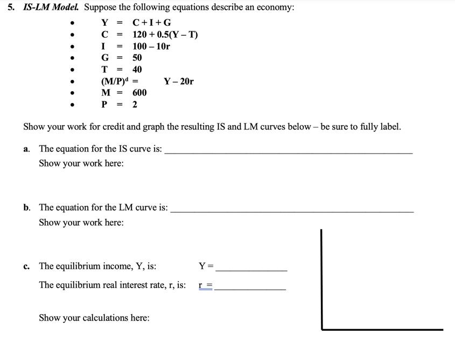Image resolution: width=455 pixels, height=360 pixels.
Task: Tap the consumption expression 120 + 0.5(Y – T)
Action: coord(165,35)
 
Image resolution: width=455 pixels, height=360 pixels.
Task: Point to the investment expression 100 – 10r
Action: coord(151,46)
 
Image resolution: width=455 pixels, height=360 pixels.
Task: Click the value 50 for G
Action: coord(137,58)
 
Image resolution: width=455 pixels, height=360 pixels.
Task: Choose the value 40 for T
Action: coord(137,70)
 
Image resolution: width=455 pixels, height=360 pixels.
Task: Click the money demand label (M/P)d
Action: coord(116,81)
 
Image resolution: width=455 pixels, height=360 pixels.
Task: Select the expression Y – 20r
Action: coord(179,81)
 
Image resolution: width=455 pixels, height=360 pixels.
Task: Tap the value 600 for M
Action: coord(139,93)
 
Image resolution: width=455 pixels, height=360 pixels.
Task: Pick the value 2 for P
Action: coord(135,105)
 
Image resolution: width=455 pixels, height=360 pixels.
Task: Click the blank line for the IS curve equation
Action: coord(288,153)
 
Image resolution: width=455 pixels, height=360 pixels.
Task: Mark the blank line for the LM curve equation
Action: coord(292,211)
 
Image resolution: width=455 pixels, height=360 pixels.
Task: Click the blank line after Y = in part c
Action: coord(251,269)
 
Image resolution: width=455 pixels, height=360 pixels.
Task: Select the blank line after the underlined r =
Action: coord(250,289)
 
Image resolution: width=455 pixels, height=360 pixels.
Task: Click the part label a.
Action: coord(26,149)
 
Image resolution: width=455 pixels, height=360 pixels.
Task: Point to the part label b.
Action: coord(27,207)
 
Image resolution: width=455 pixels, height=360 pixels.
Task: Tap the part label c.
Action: coord(26,266)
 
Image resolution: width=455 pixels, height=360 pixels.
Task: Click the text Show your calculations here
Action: coord(94,318)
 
